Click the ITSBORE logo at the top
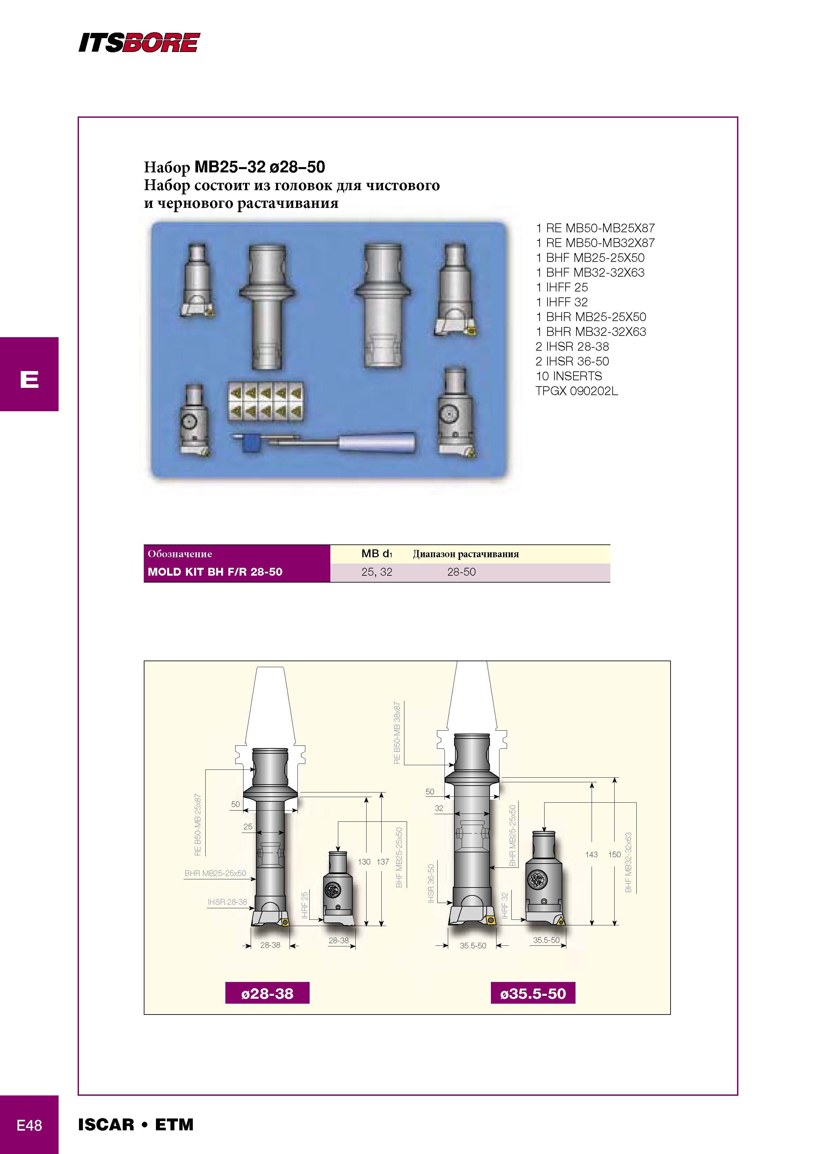[x=139, y=43]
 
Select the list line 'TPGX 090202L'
[x=577, y=391]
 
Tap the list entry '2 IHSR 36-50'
[x=572, y=362]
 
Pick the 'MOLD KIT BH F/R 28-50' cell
[x=215, y=572]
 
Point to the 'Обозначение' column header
[x=180, y=554]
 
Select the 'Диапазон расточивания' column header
[x=466, y=554]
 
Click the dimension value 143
[x=591, y=854]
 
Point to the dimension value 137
[x=383, y=862]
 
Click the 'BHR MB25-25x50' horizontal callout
[x=215, y=873]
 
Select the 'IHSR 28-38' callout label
[x=227, y=902]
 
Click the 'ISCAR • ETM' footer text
[x=136, y=1125]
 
